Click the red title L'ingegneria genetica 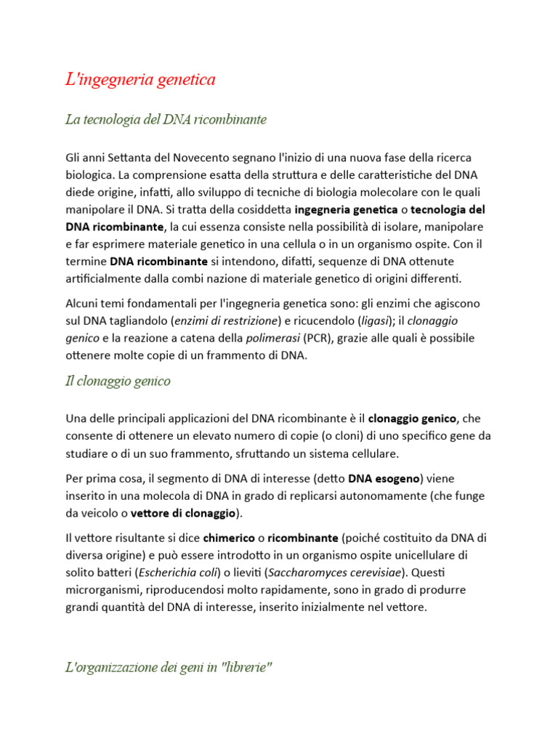[x=140, y=80]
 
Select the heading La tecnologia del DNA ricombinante [x=166, y=119]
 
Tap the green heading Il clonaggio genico [x=118, y=381]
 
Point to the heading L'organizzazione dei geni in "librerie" [x=169, y=668]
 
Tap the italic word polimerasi [x=272, y=338]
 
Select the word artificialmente [x=112, y=278]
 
